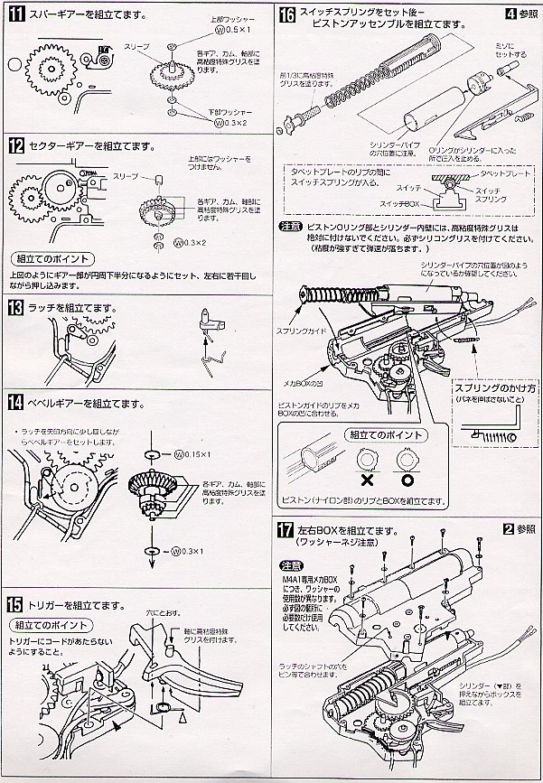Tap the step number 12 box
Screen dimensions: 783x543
pyautogui.click(x=14, y=145)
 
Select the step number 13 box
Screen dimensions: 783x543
pyautogui.click(x=14, y=308)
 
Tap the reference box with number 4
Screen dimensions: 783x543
pyautogui.click(x=510, y=14)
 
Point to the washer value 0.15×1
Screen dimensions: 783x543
pyautogui.click(x=192, y=453)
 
